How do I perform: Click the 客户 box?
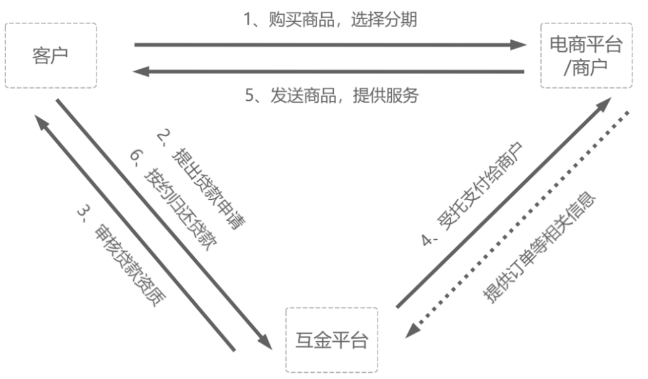(x=51, y=55)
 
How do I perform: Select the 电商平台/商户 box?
(x=586, y=55)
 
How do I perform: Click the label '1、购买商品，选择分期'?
(x=329, y=20)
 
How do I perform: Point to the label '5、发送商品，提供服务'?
(x=332, y=96)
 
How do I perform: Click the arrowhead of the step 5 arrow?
(x=140, y=72)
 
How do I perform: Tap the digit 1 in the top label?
(x=246, y=20)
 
